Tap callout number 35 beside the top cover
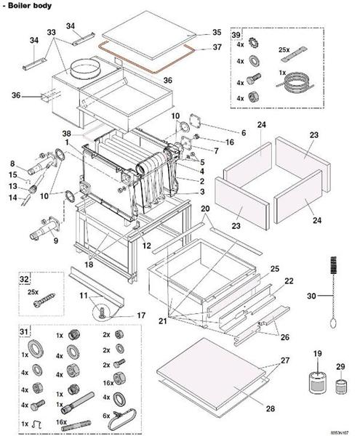click(216, 33)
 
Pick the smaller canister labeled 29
click(340, 383)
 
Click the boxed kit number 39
click(236, 35)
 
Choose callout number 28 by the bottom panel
click(270, 409)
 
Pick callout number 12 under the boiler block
click(145, 246)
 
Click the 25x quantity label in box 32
click(33, 291)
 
